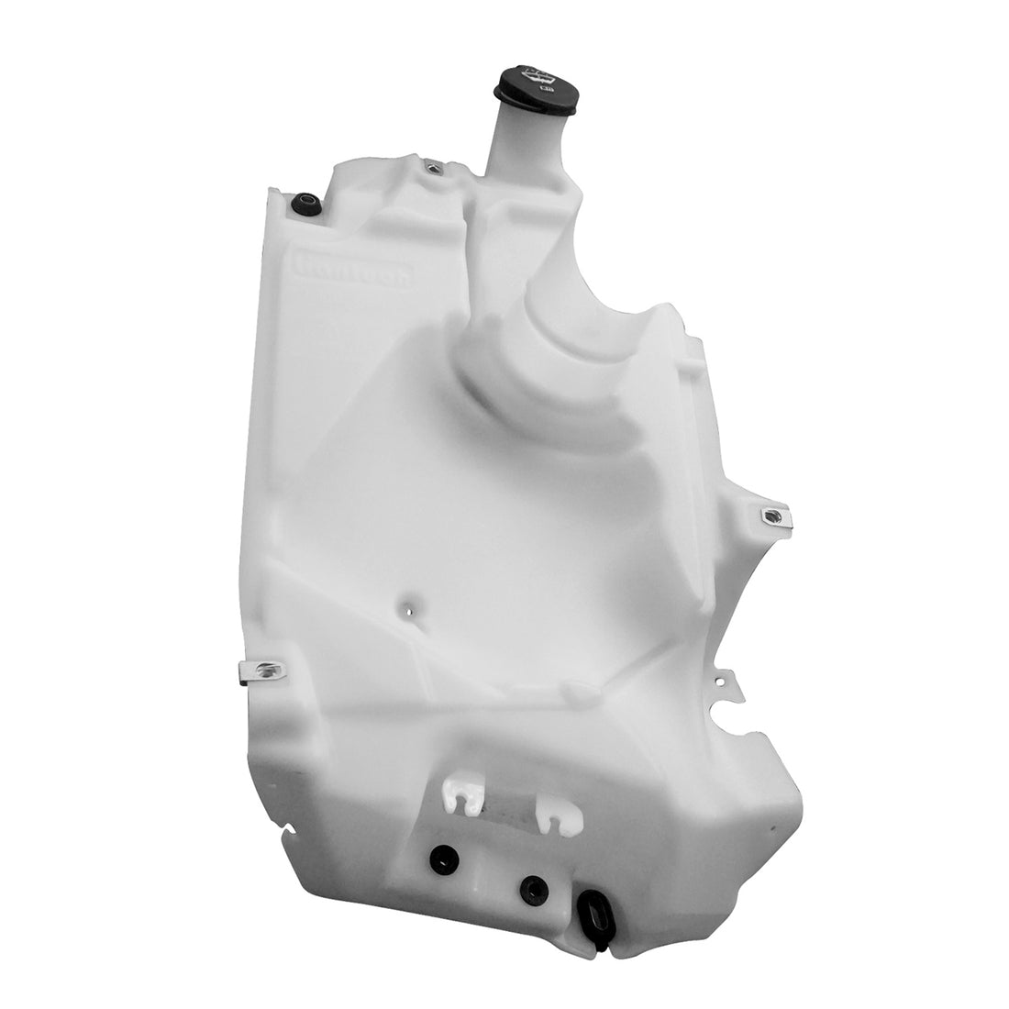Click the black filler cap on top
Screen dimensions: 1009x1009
coord(537,87)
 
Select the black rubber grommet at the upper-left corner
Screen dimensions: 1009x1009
coord(305,205)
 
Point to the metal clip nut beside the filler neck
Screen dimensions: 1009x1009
coord(434,168)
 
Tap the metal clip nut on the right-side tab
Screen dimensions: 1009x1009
coord(775,518)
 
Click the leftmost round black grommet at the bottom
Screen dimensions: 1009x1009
coord(446,860)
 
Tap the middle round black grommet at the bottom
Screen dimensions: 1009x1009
coord(534,888)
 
